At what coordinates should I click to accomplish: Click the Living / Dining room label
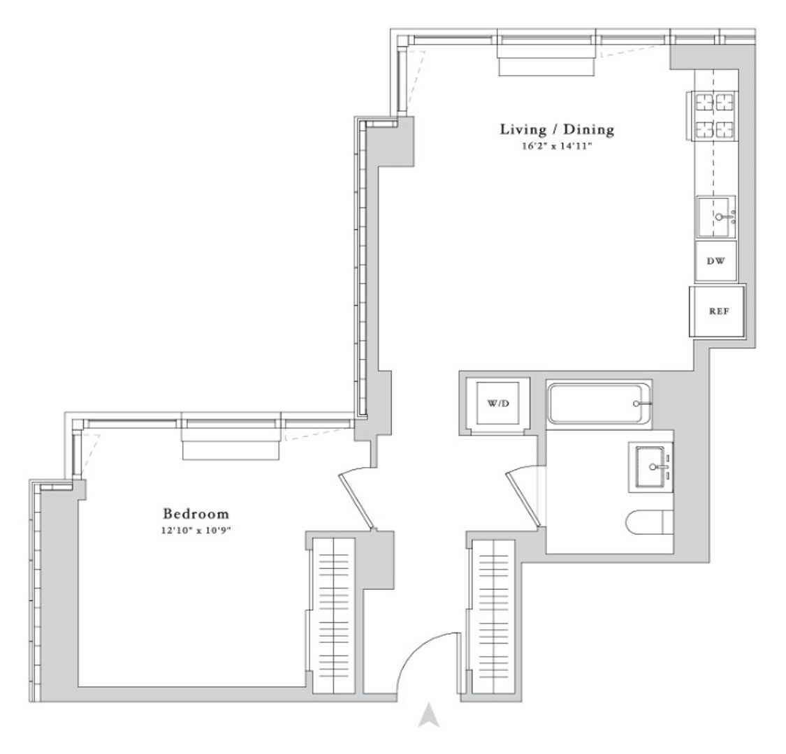point(557,129)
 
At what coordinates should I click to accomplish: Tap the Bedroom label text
point(196,514)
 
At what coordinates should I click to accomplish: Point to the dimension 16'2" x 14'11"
point(557,147)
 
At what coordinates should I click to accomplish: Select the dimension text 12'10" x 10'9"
point(196,531)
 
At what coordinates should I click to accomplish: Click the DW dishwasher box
point(716,261)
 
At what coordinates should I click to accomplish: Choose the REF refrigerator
point(718,311)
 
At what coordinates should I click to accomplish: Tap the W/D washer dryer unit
point(497,404)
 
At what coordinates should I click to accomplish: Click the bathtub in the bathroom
point(599,404)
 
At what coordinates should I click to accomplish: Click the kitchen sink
point(715,217)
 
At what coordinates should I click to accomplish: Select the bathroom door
point(523,499)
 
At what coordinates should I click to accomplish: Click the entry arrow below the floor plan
point(429,715)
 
